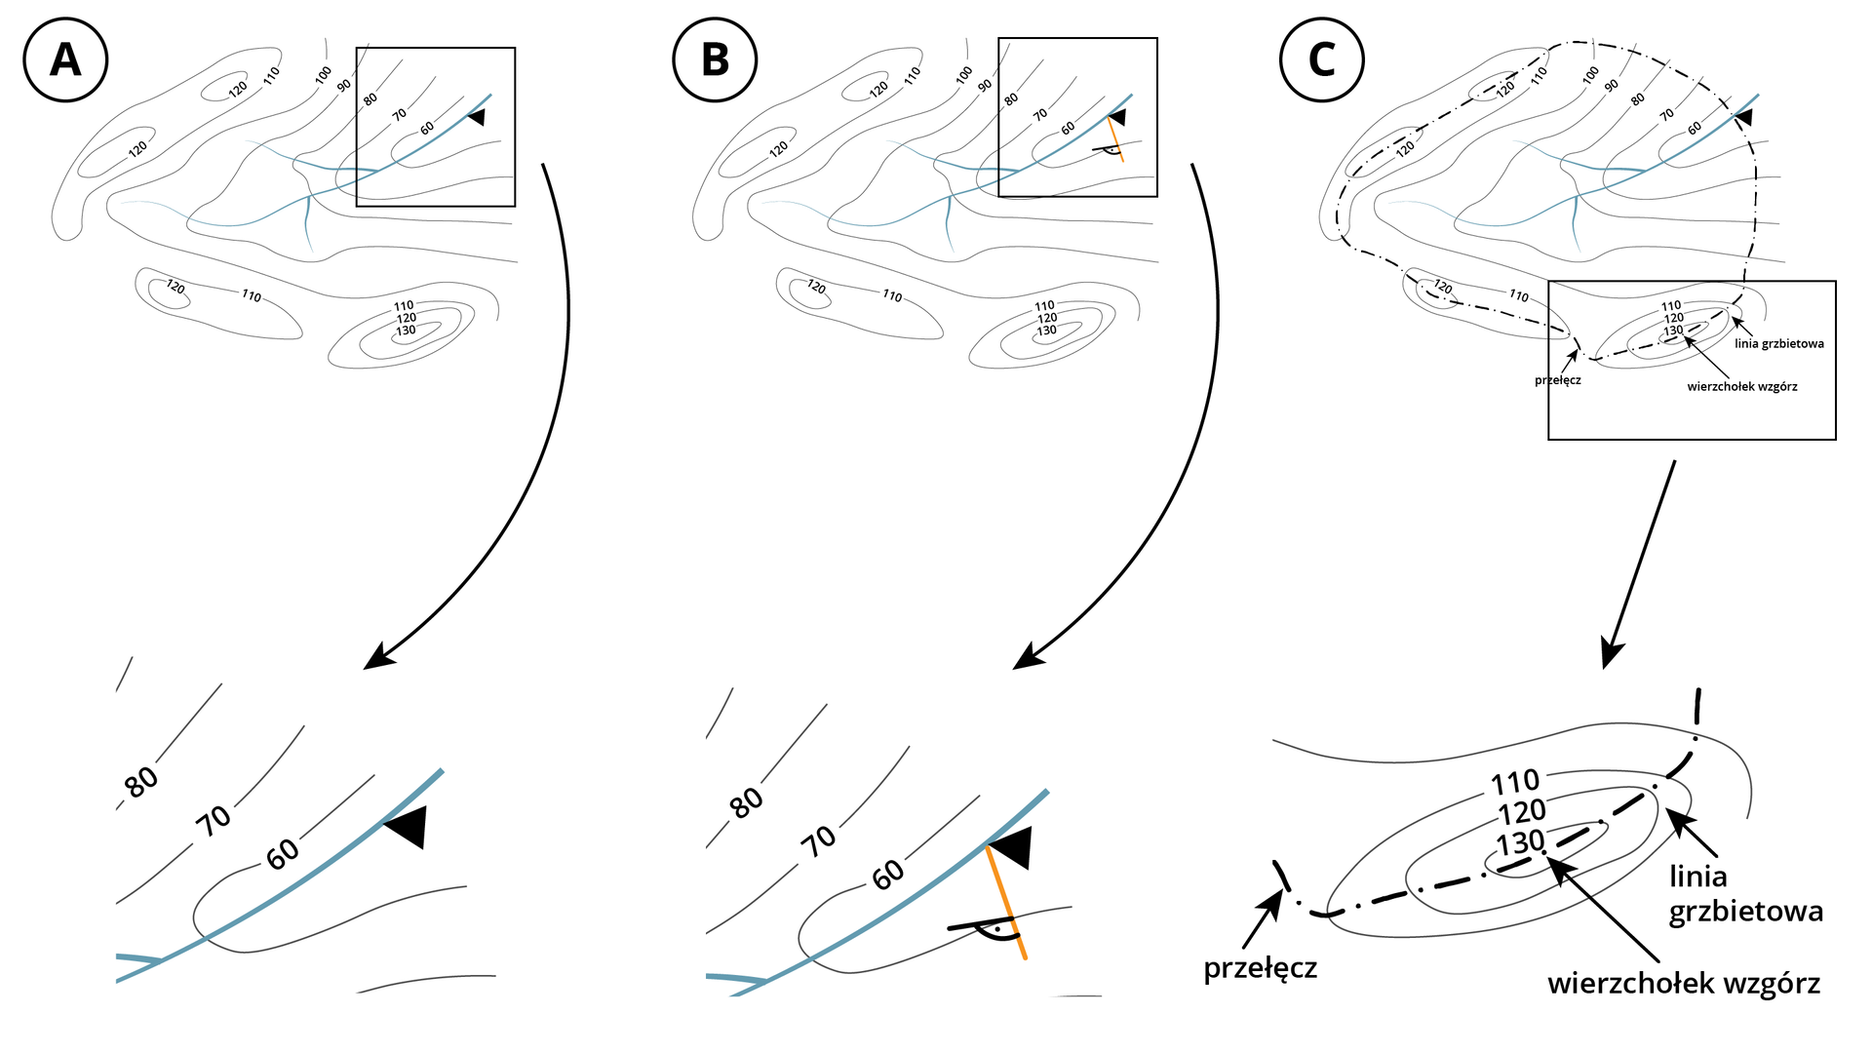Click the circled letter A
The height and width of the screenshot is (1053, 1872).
tap(65, 59)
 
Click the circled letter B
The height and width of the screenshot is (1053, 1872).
tap(715, 59)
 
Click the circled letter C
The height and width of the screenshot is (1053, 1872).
tap(1321, 59)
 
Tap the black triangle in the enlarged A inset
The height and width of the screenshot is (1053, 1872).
tap(409, 827)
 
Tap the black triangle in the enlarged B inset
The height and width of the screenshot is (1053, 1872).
tap(1012, 846)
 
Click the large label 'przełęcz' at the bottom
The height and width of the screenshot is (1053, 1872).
tap(1260, 968)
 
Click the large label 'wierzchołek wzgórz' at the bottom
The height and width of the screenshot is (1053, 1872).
tap(1683, 983)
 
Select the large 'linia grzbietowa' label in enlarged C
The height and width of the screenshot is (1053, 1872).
tap(1745, 893)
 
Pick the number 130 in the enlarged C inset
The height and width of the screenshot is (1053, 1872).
tap(1521, 842)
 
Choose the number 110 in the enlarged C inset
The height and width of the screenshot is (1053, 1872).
tap(1515, 782)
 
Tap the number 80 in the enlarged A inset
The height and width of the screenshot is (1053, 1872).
tap(141, 781)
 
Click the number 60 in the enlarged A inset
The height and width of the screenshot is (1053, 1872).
tap(283, 854)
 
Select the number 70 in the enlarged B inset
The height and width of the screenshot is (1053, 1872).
tap(818, 839)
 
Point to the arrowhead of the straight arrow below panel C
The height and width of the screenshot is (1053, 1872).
tap(1612, 653)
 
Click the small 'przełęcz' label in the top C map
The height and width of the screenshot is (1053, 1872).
tap(1557, 380)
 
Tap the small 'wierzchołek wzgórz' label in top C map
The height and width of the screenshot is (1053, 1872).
tap(1741, 387)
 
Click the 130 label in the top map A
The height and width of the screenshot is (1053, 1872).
tap(406, 331)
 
